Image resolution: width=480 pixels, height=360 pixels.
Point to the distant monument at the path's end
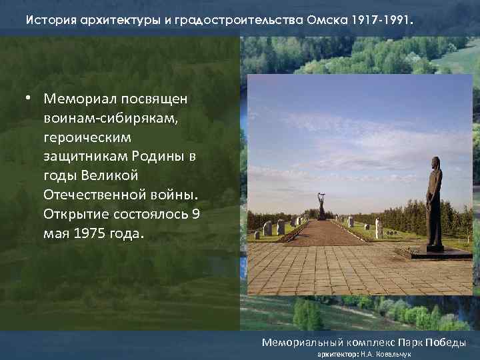click(x=321, y=207)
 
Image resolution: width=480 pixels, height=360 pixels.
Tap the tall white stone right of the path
click(x=379, y=228)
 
